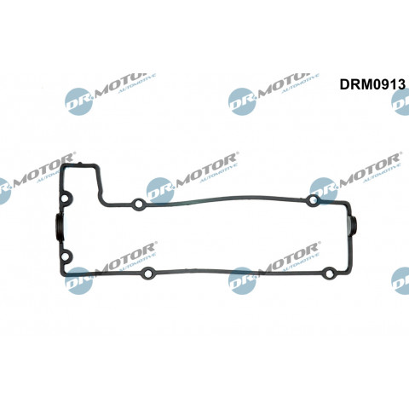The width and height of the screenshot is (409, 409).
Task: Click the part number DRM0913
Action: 372,84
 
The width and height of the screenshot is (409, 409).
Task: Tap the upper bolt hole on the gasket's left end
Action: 66,199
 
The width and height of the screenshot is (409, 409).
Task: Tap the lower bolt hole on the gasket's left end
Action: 65,257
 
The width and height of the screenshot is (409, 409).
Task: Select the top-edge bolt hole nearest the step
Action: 139,204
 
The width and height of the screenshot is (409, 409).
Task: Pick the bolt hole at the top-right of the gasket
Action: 314,200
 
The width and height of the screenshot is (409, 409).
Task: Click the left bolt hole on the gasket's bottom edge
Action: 147,274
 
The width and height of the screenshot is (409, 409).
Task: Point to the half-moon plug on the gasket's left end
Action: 58,228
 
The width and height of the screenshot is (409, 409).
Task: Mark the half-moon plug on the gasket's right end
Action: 353,226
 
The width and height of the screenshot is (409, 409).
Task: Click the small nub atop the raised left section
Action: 80,164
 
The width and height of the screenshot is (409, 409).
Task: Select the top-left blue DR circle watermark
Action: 79,101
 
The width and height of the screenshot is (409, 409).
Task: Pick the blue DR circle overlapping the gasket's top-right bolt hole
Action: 324,191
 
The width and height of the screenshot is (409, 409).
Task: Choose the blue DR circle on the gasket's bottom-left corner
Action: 79,281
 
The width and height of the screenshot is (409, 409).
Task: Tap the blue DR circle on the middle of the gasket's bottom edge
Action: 242,281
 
